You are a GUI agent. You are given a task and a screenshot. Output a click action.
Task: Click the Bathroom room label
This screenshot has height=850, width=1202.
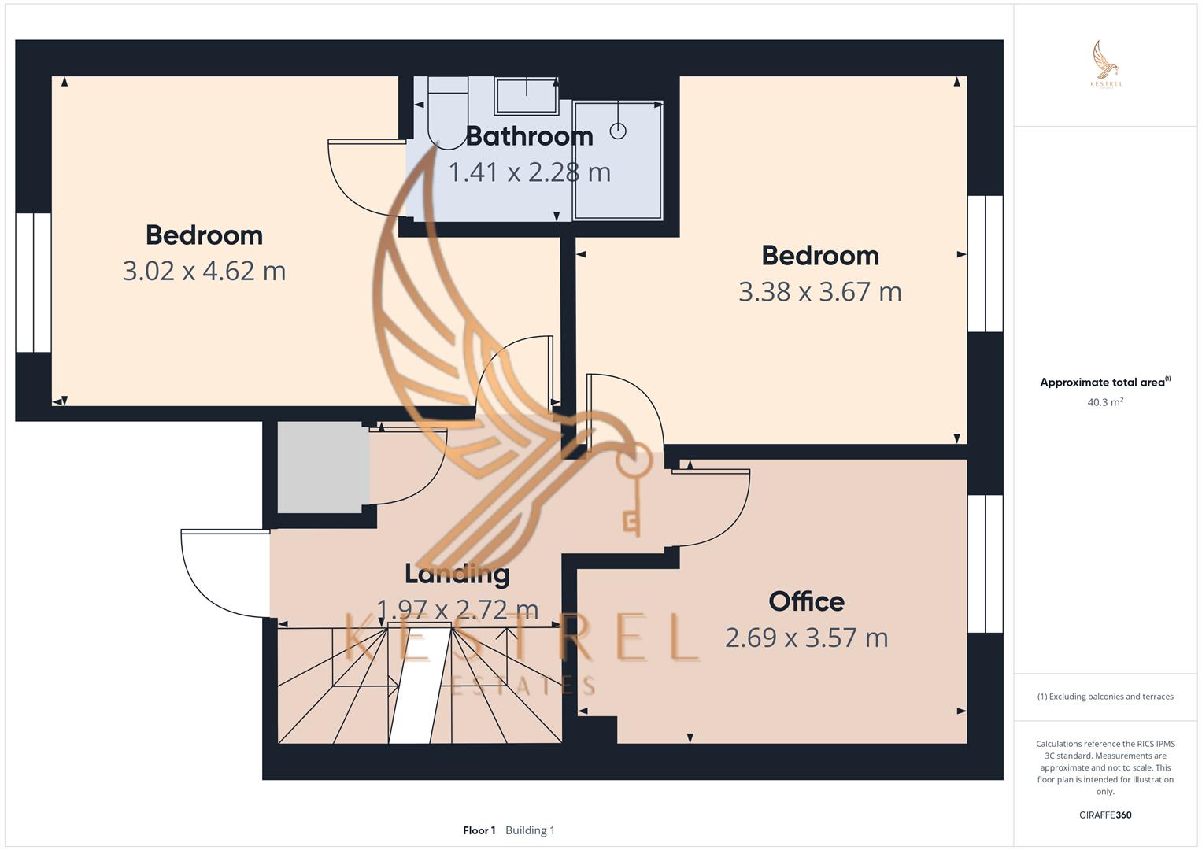point(529,136)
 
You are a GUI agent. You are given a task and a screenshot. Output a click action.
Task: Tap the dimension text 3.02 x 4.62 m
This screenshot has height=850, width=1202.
point(204,271)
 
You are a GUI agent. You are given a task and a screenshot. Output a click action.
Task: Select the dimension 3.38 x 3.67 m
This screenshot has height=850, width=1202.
point(819,291)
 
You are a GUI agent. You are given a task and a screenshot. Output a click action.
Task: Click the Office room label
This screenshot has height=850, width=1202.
point(806,601)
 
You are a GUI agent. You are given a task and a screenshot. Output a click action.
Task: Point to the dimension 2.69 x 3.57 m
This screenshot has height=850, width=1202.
point(806,637)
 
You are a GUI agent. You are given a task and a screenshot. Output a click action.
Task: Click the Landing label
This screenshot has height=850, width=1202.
point(457,574)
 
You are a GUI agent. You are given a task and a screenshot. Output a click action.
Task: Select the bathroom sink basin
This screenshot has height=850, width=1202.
point(526,95)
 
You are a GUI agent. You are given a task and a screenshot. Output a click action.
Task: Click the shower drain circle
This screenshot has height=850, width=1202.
point(618,131)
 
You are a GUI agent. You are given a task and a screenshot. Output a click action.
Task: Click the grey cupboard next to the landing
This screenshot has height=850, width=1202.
point(323,468)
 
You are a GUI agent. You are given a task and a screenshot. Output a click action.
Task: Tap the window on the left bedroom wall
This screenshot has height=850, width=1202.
point(33,282)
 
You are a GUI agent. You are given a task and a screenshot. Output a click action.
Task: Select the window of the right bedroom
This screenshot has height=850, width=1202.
point(985,264)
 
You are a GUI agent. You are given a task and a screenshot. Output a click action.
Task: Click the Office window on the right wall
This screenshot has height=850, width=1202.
point(985,564)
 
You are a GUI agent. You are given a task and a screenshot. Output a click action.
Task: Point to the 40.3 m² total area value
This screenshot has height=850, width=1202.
point(1104,402)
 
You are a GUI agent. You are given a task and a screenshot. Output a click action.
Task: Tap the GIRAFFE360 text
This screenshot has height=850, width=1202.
point(1104,815)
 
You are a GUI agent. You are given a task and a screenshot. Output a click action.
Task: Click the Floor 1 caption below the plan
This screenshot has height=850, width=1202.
point(479,830)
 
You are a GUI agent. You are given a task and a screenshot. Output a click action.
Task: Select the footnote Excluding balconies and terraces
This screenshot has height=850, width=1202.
point(1104,697)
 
